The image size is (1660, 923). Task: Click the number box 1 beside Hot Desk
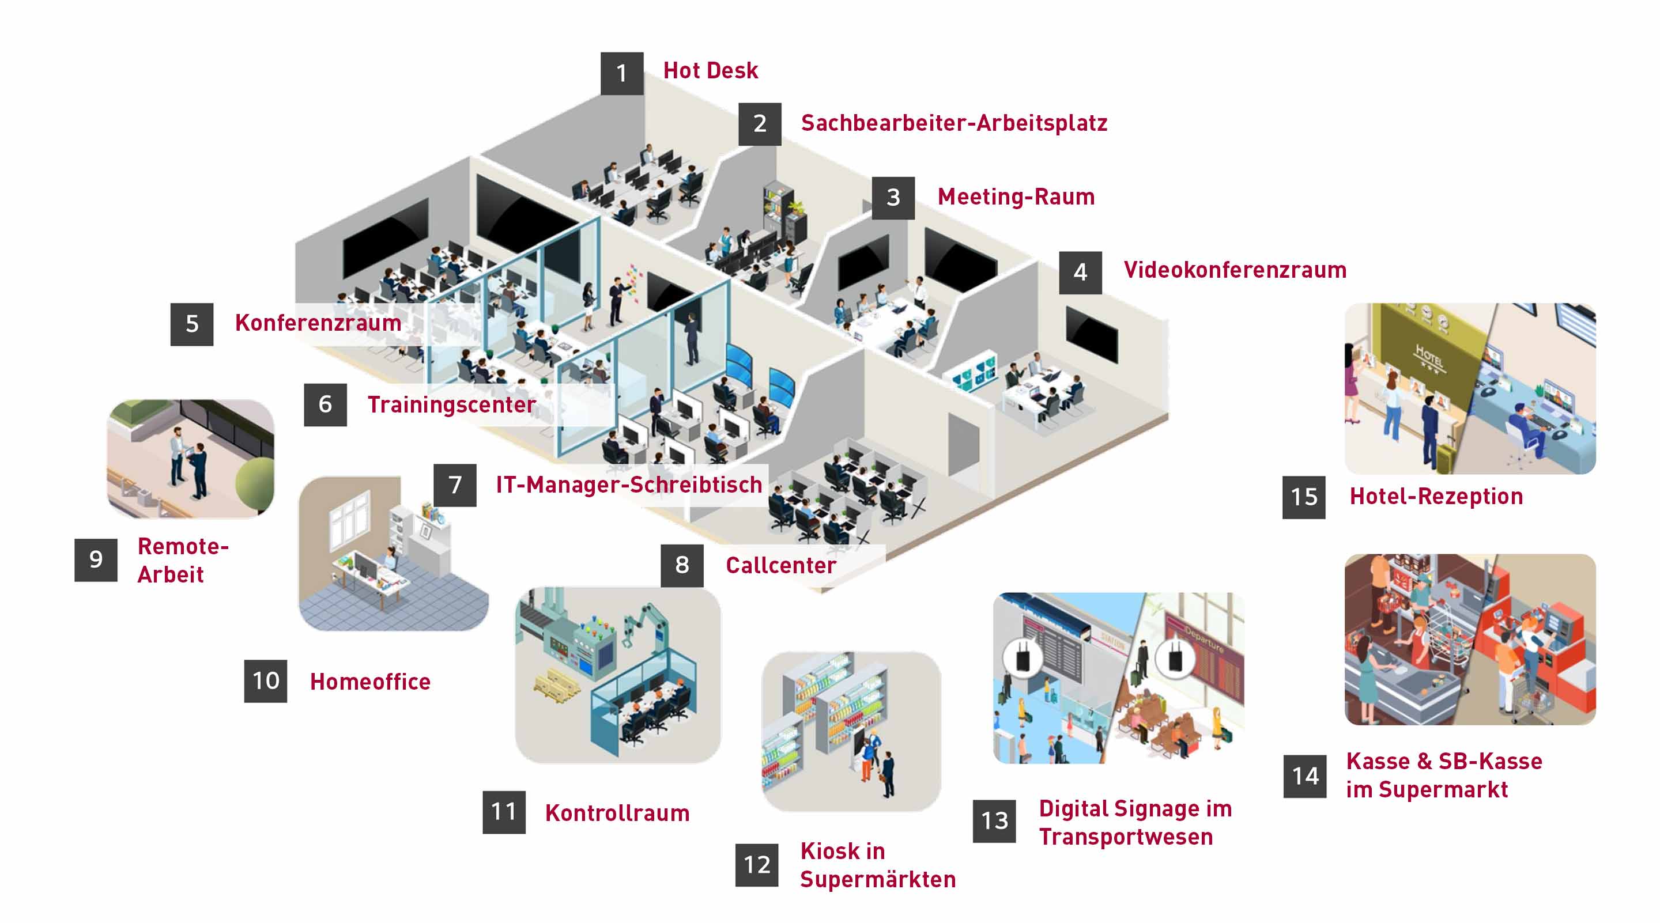(x=622, y=73)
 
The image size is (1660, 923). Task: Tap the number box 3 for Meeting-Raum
(x=892, y=198)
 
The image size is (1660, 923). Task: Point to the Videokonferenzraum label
(x=1235, y=270)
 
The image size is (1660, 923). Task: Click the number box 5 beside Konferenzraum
(x=191, y=324)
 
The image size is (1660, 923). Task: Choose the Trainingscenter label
(x=451, y=404)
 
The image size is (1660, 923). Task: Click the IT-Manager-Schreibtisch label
(x=628, y=485)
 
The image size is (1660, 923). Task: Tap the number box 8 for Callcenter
(x=682, y=565)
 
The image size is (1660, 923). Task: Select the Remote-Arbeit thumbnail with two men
(x=190, y=459)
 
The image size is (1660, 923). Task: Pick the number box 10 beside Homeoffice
(x=266, y=681)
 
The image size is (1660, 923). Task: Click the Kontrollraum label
(x=617, y=813)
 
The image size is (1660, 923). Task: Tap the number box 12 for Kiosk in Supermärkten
(x=757, y=864)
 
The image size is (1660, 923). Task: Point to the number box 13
(x=994, y=820)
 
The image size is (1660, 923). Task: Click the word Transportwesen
(x=1125, y=837)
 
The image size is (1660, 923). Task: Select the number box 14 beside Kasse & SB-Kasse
(x=1305, y=776)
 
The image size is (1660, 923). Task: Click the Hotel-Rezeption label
(x=1436, y=497)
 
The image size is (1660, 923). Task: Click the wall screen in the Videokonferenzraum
(x=1092, y=334)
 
